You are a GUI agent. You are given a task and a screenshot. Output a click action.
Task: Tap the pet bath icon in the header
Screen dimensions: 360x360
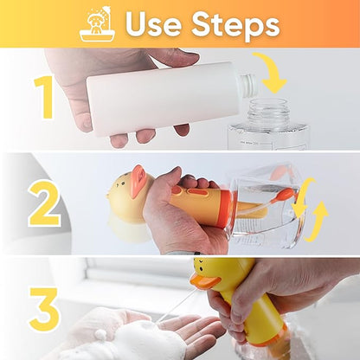point(96,23)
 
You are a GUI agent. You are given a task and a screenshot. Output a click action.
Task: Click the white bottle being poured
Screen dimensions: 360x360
point(164,97)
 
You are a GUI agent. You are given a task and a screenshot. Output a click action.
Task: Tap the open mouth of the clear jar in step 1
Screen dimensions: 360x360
point(270,106)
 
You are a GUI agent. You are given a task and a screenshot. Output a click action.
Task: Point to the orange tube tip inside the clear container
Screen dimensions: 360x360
point(286,195)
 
